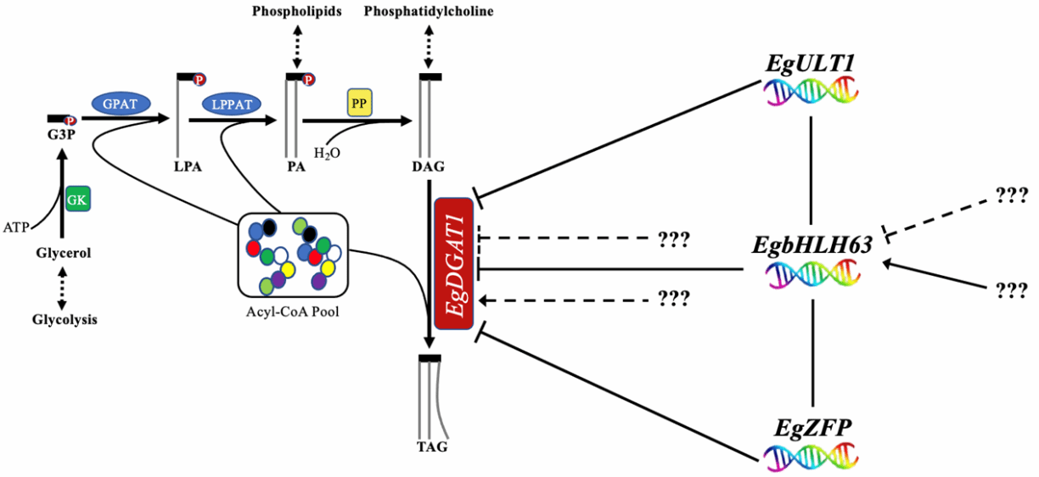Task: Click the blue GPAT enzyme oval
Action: (120, 102)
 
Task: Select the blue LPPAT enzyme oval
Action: (230, 104)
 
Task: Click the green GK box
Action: (77, 199)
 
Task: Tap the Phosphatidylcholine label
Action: (429, 11)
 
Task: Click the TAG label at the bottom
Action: (430, 446)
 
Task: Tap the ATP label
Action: (15, 227)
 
